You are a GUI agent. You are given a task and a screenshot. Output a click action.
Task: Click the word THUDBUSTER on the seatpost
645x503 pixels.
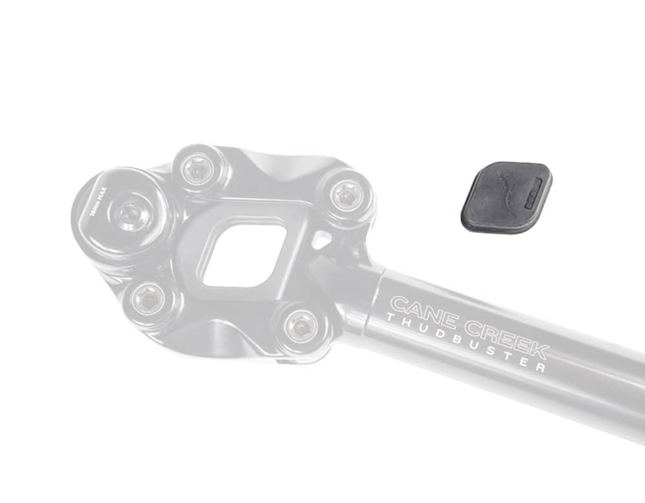click(465, 342)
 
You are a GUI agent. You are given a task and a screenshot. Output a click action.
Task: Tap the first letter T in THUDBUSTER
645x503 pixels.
click(389, 317)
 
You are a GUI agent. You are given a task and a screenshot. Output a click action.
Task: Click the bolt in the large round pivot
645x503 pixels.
click(132, 213)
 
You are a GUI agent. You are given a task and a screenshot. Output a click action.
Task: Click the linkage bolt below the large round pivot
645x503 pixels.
click(148, 300)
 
